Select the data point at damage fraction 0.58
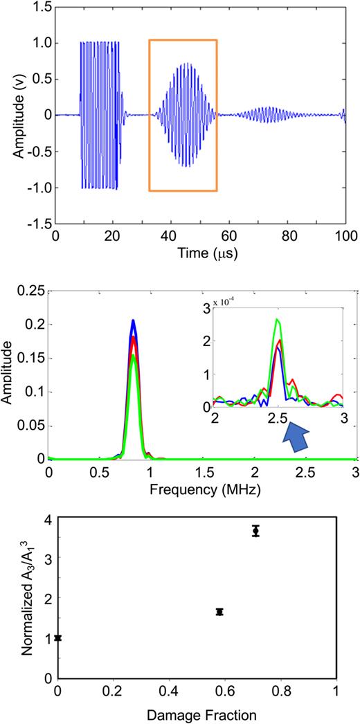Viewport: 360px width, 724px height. (219, 611)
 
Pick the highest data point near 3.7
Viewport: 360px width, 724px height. (255, 531)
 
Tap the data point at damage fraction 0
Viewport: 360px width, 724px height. (58, 637)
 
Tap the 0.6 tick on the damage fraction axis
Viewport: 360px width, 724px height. (225, 691)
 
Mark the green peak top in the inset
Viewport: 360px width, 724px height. (278, 319)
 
